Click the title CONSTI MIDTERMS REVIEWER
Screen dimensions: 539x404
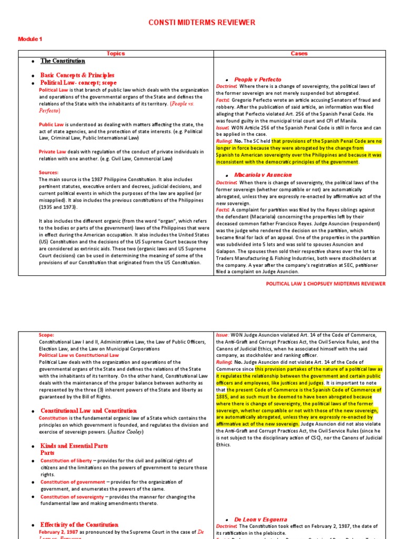pos(202,23)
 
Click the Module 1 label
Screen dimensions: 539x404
pos(30,39)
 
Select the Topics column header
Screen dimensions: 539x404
pos(116,54)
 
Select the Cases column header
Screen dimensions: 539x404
pos(299,54)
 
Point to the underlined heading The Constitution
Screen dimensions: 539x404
pos(63,61)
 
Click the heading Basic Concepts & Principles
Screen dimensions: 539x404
pos(77,75)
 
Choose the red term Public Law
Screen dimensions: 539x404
pos(52,125)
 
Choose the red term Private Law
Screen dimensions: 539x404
pos(53,152)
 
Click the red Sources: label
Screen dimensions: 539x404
pos(49,172)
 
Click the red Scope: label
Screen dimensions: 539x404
pos(47,335)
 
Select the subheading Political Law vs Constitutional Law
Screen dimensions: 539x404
pos(79,355)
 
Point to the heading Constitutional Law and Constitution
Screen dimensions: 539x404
pos(88,411)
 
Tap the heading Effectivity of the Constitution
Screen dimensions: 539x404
pos(79,525)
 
